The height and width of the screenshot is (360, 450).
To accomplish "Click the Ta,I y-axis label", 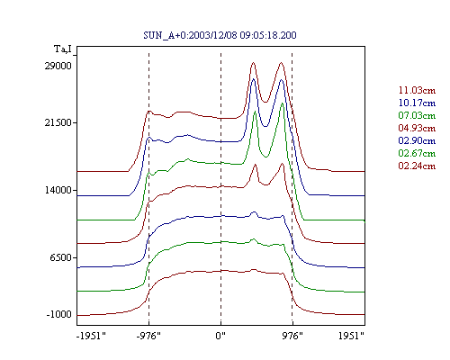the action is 63,49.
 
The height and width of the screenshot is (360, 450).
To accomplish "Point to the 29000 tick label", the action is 58,66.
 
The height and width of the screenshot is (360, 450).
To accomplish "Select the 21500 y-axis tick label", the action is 58,122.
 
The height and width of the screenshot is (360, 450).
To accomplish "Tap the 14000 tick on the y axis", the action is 58,190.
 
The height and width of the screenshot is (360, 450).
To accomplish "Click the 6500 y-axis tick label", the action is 61,257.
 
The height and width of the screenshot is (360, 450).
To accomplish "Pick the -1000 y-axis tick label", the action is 58,314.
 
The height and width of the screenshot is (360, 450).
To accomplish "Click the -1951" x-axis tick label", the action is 91,336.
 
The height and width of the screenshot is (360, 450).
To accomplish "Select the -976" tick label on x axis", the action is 148,336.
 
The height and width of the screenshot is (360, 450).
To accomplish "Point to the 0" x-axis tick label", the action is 220,336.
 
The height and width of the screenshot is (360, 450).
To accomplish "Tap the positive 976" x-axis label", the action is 292,336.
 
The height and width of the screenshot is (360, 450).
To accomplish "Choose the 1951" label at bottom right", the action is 351,336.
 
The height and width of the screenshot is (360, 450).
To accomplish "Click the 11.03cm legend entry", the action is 417,90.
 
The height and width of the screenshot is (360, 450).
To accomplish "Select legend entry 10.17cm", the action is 417,103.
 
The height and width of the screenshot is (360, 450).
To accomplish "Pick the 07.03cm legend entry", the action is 417,115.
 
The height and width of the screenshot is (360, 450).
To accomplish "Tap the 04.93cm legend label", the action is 417,128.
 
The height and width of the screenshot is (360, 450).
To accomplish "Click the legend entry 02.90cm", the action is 417,140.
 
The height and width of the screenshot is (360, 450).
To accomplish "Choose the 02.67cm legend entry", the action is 417,153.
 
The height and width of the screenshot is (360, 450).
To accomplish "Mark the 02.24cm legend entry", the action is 417,166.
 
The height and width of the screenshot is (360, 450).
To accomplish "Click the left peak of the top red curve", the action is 254,63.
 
